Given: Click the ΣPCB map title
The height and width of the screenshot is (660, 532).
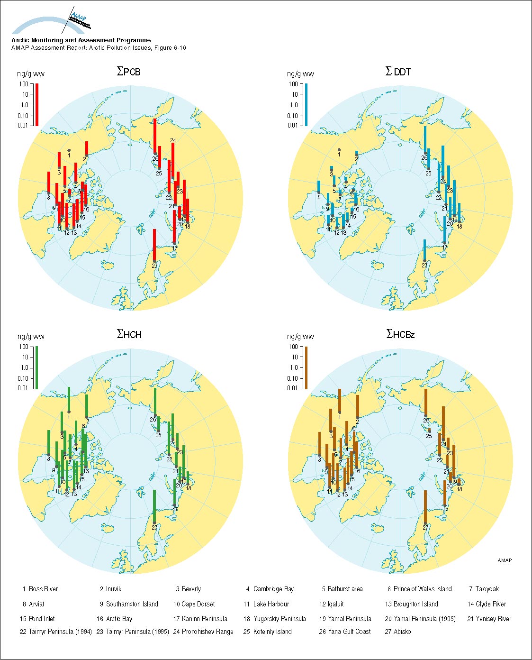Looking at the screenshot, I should [x=128, y=72].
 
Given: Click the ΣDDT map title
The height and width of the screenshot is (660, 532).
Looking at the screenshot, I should [x=398, y=72].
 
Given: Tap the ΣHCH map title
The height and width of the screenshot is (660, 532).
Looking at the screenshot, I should [x=129, y=334].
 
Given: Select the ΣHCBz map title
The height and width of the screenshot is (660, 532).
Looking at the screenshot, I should [x=400, y=334].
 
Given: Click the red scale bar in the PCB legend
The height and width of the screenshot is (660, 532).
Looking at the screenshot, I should [x=37, y=104].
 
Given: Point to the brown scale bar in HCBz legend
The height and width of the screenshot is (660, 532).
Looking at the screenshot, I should [x=306, y=367].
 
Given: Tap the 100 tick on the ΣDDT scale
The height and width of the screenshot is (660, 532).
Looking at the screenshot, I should [x=294, y=84].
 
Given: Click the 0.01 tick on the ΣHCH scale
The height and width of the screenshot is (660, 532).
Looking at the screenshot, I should [x=24, y=388].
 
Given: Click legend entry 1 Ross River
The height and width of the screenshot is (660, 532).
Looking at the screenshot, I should [x=40, y=589].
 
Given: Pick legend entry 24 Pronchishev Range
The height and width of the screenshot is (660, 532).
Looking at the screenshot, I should [x=203, y=632].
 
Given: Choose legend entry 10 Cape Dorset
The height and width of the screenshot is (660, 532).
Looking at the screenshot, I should [x=194, y=604].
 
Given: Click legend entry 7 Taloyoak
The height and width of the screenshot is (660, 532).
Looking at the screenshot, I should [x=484, y=589].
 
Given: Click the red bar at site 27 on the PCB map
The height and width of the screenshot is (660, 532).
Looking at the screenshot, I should [x=154, y=245].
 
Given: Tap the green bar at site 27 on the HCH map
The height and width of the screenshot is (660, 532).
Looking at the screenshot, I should [x=154, y=506].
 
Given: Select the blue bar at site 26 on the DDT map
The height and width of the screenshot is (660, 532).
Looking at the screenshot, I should [x=425, y=140].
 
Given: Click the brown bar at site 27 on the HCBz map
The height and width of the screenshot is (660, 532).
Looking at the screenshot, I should [x=425, y=506].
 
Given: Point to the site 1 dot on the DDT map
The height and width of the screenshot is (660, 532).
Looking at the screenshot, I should [x=339, y=150].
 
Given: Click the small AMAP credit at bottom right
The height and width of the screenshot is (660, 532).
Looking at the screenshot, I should [x=505, y=560].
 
